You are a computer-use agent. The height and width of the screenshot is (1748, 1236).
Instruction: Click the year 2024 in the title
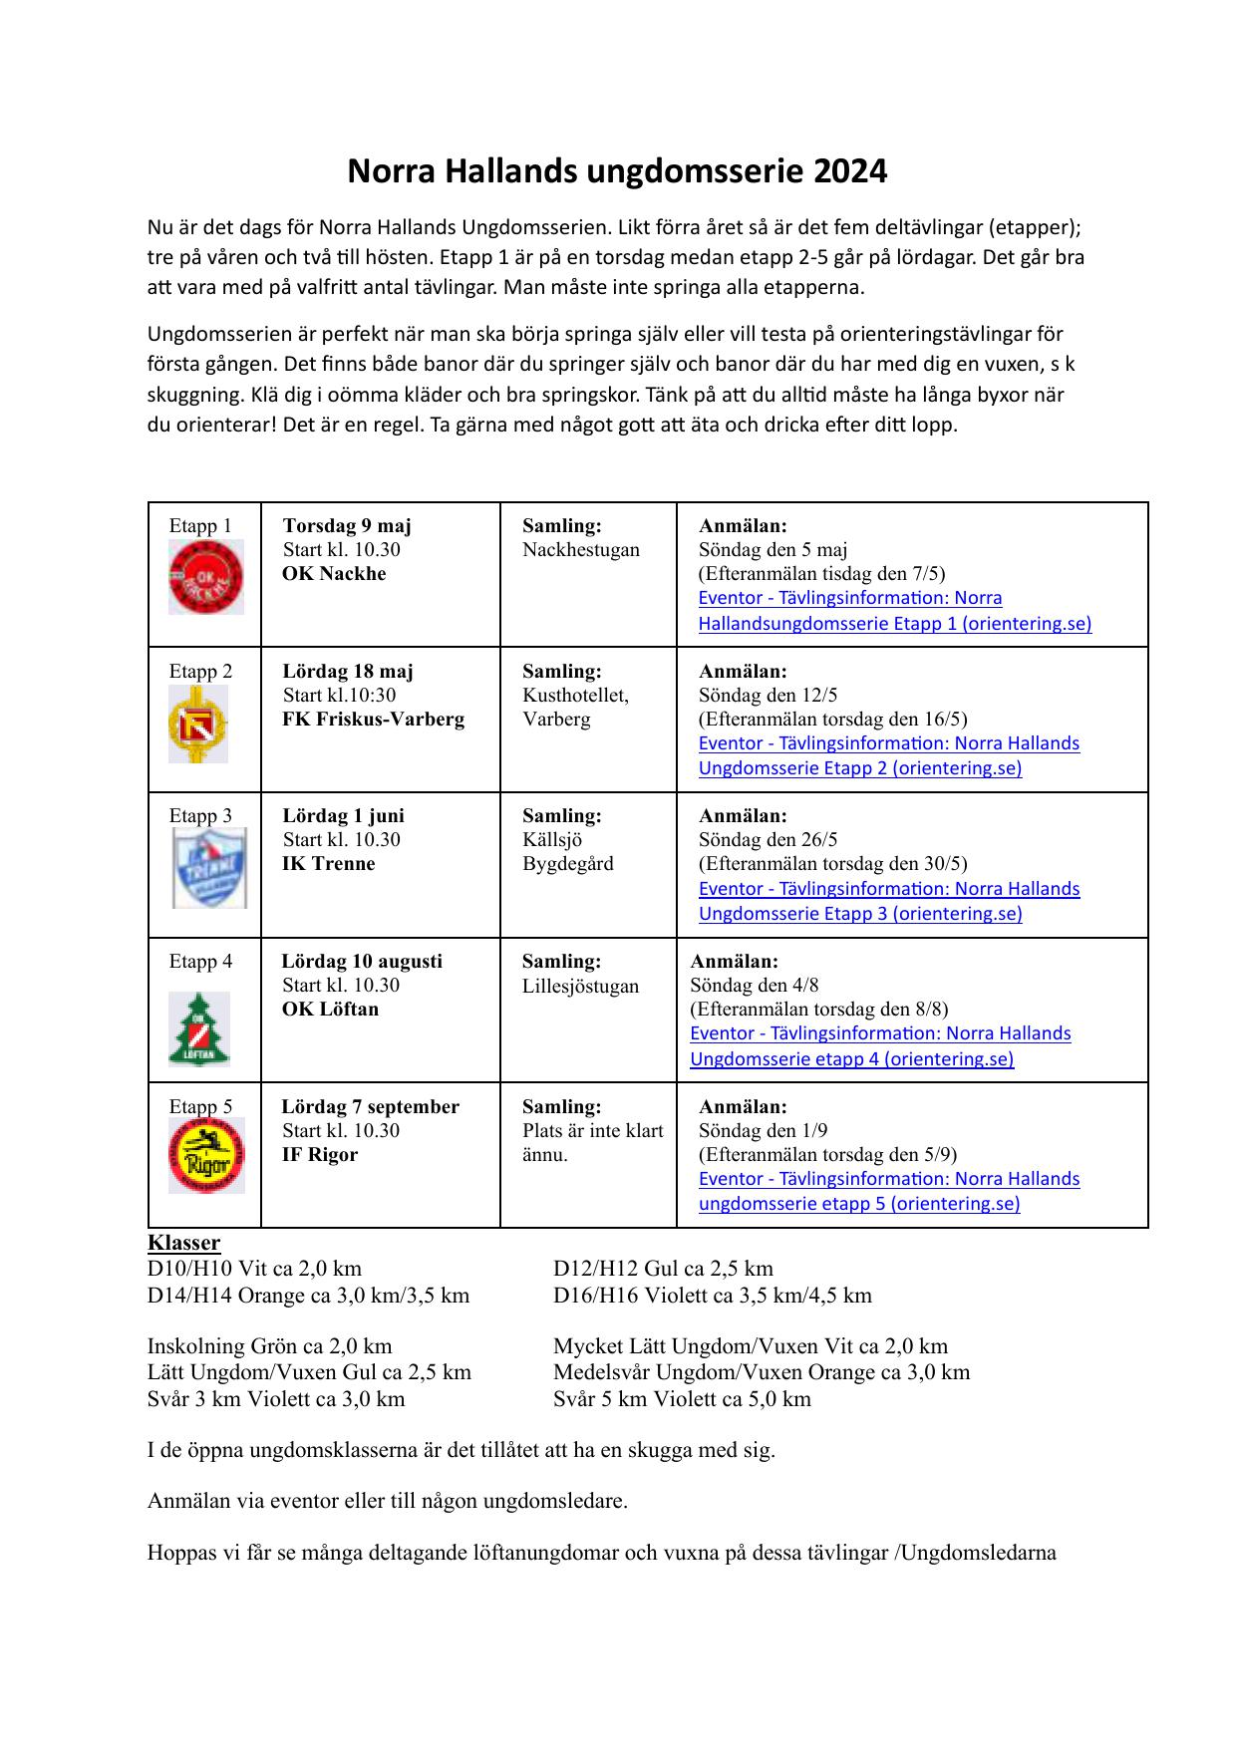[850, 172]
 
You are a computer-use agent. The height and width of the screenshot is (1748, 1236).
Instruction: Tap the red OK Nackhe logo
[205, 577]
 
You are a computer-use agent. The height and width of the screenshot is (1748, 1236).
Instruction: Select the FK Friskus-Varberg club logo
[197, 725]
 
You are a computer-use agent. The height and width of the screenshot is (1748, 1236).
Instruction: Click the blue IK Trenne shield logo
[209, 868]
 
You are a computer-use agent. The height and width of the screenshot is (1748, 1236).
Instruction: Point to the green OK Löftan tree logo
[199, 1029]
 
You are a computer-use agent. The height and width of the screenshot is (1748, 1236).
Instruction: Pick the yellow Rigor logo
[206, 1156]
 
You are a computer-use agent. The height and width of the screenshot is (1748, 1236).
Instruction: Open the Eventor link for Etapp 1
[894, 611]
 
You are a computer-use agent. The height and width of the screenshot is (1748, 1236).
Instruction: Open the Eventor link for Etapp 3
[888, 901]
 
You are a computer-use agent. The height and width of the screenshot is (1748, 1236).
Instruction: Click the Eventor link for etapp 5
[888, 1191]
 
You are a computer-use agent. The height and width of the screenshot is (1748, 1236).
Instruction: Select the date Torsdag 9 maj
[347, 525]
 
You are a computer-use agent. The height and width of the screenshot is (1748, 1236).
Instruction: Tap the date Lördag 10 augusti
[362, 961]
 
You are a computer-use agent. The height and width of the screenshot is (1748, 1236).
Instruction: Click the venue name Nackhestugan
[581, 549]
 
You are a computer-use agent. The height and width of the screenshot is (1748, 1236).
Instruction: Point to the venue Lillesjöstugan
[580, 986]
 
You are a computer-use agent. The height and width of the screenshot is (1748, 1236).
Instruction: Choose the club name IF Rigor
[319, 1154]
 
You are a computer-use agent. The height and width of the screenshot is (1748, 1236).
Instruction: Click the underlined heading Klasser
[183, 1243]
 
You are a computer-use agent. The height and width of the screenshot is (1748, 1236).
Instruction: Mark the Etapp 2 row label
[200, 671]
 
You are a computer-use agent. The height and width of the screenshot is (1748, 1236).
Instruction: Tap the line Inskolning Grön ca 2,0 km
[269, 1346]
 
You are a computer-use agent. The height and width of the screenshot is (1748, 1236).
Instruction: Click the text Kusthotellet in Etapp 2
[575, 695]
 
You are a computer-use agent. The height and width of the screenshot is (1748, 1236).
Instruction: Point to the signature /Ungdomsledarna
[977, 1552]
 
